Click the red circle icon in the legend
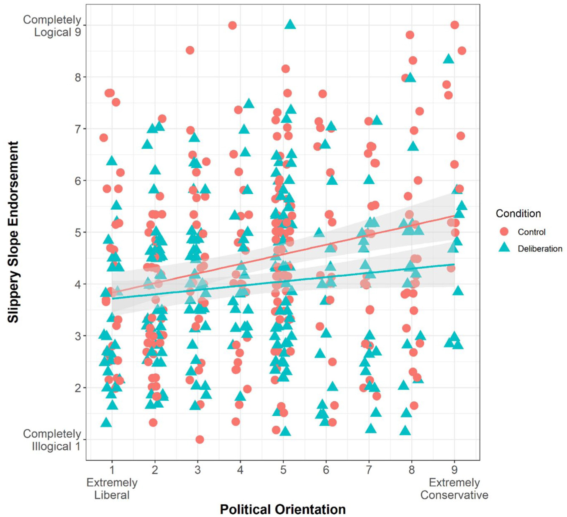tap(504, 231)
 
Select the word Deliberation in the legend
tap(540, 249)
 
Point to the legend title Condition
tap(518, 213)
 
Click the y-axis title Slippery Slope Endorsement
tap(13, 232)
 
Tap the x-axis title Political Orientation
tap(283, 509)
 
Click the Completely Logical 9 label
tap(52, 26)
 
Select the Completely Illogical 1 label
tap(52, 440)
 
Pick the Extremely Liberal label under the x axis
tap(112, 489)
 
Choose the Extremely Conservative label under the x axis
tap(454, 489)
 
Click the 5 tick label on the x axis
tap(283, 470)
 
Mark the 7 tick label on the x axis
tap(369, 470)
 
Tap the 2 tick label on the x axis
tap(155, 470)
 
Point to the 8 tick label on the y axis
tap(78, 77)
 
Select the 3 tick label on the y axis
tap(78, 336)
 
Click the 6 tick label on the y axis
tap(78, 180)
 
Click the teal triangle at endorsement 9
tap(290, 25)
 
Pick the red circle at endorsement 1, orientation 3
tap(200, 440)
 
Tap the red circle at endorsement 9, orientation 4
tap(232, 25)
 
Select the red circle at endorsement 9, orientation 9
tap(454, 25)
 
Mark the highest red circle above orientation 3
tap(190, 50)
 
